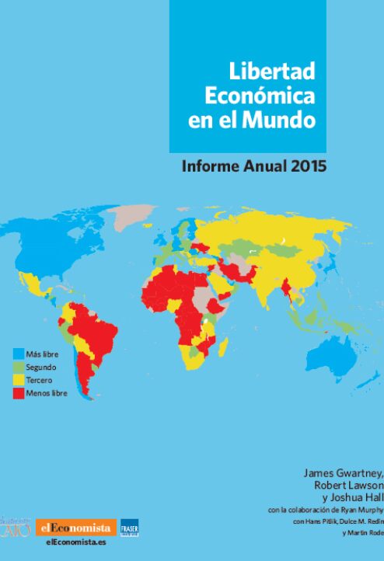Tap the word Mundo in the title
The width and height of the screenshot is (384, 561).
[288, 120]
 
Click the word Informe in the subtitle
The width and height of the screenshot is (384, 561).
[209, 166]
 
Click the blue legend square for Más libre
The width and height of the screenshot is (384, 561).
[18, 354]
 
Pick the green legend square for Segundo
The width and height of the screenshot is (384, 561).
[18, 367]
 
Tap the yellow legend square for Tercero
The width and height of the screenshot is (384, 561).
[18, 380]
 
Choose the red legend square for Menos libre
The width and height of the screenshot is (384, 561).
[18, 393]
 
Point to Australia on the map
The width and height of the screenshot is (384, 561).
[339, 354]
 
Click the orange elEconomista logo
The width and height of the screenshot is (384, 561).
[75, 528]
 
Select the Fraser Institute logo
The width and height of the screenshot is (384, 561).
[129, 528]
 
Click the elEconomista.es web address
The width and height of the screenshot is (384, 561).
[75, 542]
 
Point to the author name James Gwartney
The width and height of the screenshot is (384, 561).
[343, 472]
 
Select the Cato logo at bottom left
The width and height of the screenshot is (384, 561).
[16, 528]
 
